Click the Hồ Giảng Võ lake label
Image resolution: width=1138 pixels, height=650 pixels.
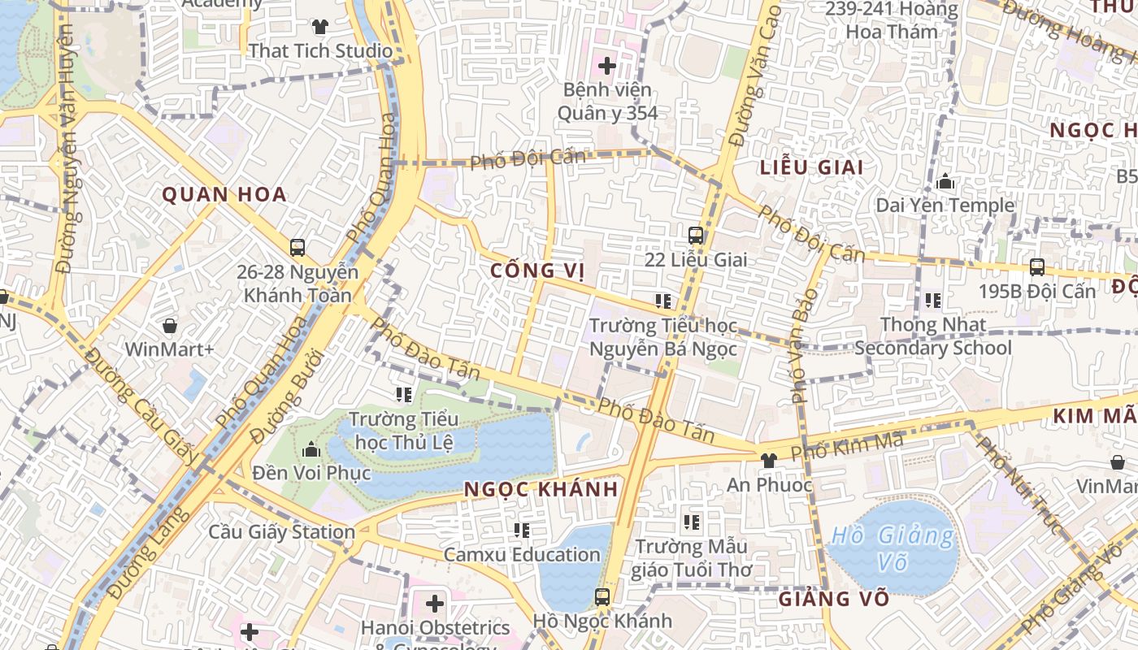point(893,548)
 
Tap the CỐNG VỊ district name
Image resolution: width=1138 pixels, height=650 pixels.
point(538,271)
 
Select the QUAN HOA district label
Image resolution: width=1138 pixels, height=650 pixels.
point(224,194)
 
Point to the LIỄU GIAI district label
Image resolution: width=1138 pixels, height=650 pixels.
point(811,167)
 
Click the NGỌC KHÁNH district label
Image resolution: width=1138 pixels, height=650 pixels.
point(541,489)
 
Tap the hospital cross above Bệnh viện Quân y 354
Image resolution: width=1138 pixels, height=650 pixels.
point(606,65)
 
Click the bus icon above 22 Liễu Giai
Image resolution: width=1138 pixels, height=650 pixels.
point(696,236)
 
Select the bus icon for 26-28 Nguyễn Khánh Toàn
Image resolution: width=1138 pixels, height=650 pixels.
point(298,247)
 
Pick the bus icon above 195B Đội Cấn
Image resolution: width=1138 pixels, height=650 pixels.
point(1037,266)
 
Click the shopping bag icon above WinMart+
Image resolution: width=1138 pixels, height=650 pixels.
point(170,326)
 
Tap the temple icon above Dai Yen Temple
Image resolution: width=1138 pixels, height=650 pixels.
point(945,182)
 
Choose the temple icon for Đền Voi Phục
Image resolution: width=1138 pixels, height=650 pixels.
point(311,449)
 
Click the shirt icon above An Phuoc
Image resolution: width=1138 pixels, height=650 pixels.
point(768,460)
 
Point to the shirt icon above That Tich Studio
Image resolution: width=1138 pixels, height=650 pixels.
point(320,27)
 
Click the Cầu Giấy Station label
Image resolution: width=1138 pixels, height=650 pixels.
point(281,532)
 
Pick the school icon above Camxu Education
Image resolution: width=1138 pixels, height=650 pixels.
point(522,531)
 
